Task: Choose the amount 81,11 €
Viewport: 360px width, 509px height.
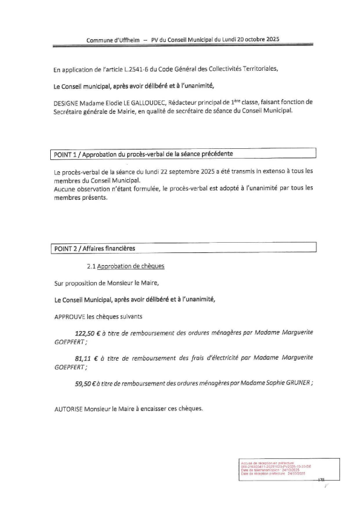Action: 85,358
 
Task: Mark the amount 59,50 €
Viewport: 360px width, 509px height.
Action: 86,382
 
